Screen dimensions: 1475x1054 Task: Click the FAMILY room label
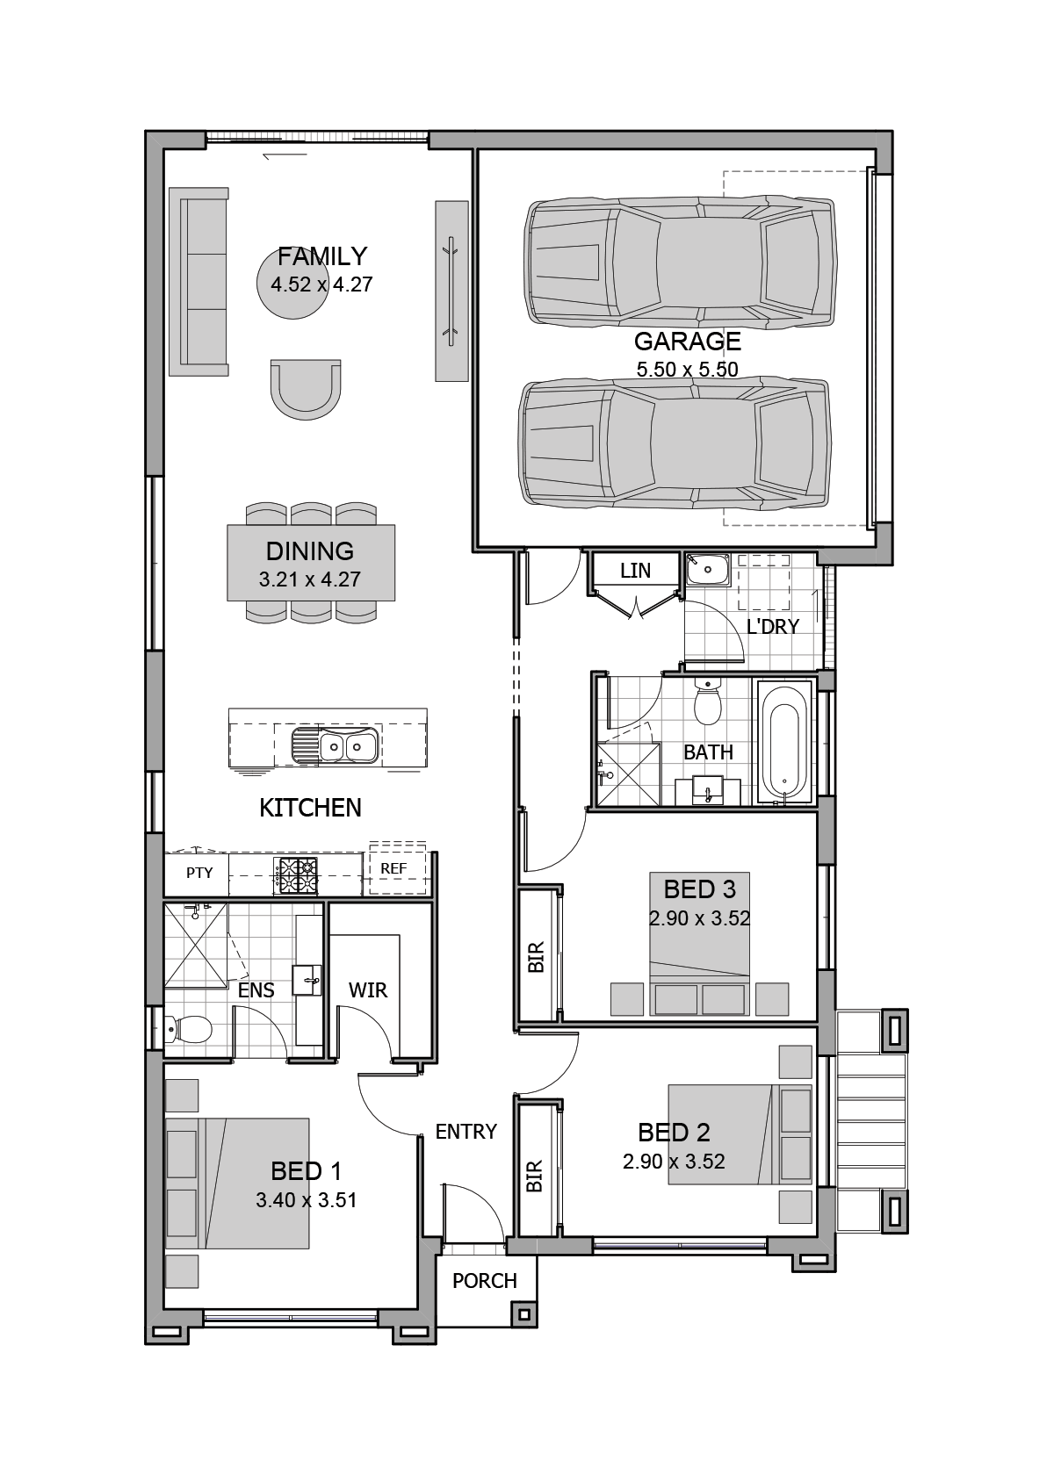coord(321,256)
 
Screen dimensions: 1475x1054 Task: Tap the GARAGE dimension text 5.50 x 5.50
coord(687,370)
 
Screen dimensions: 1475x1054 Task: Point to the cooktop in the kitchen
coord(298,875)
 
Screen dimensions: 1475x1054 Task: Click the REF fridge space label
coord(393,868)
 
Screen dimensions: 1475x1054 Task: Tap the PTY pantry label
coord(199,873)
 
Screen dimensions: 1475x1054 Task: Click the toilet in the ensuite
coord(188,1029)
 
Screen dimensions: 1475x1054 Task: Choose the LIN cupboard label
coord(635,571)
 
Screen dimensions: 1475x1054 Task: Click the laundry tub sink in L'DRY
coord(708,570)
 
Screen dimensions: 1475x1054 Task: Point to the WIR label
coord(367,990)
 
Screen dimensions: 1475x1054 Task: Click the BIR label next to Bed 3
coord(536,957)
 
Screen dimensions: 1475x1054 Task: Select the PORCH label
coord(484,1281)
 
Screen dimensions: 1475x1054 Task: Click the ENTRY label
coord(466,1132)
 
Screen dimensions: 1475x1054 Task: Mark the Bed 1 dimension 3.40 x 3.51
coord(306,1200)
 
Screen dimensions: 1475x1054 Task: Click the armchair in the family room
coord(305,386)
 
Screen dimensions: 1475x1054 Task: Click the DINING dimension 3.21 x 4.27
coord(309,579)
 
